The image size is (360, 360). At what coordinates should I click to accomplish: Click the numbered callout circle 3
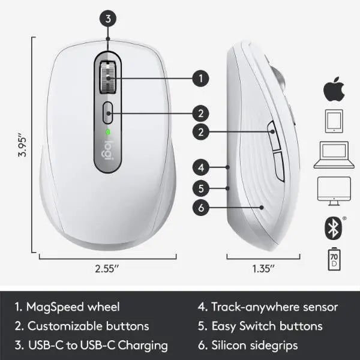pyautogui.click(x=108, y=19)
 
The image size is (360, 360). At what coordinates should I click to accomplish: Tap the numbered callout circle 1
pyautogui.click(x=200, y=79)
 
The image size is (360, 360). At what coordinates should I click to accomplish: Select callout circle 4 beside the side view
pyautogui.click(x=201, y=167)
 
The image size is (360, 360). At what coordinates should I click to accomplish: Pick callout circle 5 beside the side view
pyautogui.click(x=201, y=188)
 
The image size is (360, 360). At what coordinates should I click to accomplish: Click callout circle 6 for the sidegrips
pyautogui.click(x=201, y=208)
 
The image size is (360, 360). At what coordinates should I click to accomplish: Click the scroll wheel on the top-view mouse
pyautogui.click(x=107, y=77)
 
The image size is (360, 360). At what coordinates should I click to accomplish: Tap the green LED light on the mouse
pyautogui.click(x=107, y=132)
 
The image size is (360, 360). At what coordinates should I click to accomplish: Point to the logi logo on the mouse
pyautogui.click(x=107, y=151)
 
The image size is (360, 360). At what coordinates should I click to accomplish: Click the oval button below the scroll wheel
pyautogui.click(x=107, y=113)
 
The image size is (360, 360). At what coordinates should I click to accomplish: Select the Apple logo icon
pyautogui.click(x=334, y=89)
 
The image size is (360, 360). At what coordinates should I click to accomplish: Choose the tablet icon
pyautogui.click(x=334, y=121)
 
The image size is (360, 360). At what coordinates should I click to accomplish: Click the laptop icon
pyautogui.click(x=334, y=155)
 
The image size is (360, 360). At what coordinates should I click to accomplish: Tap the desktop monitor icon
pyautogui.click(x=334, y=191)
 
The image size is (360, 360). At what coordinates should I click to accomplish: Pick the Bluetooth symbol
pyautogui.click(x=334, y=228)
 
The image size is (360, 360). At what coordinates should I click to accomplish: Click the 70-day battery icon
pyautogui.click(x=334, y=259)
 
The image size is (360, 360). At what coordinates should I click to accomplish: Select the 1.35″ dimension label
pyautogui.click(x=263, y=269)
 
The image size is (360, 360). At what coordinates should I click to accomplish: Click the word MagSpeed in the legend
pyautogui.click(x=55, y=308)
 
